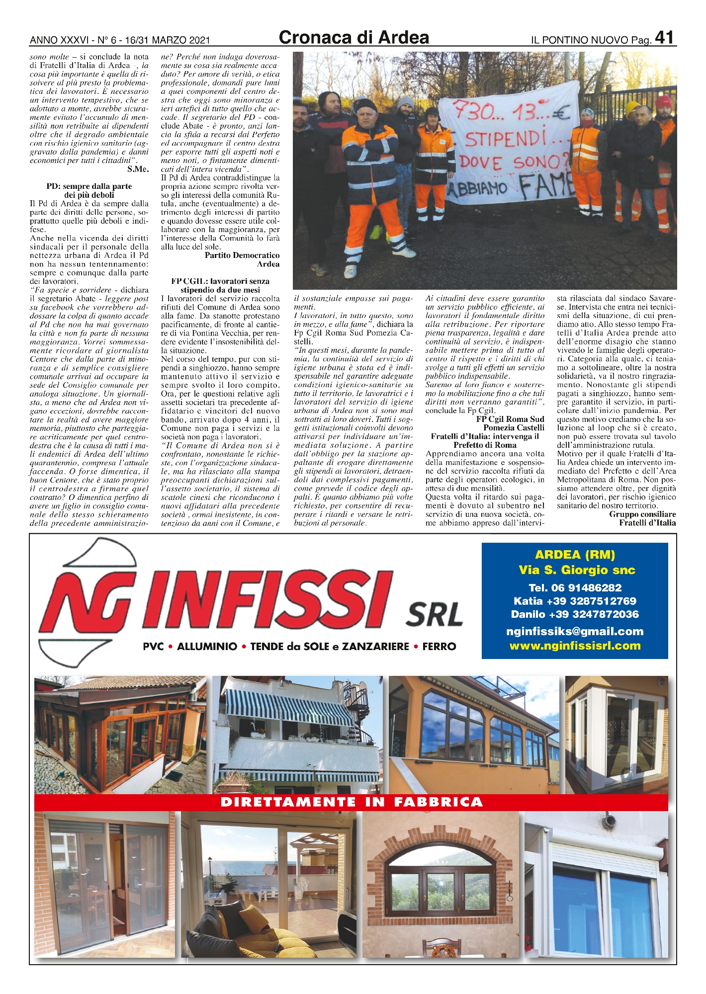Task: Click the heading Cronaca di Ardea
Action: click(353, 37)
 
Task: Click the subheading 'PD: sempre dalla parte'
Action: click(89, 186)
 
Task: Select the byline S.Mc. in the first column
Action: click(138, 169)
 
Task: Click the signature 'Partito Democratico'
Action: click(242, 255)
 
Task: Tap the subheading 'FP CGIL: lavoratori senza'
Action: click(220, 281)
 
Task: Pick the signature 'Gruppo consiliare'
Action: click(642, 514)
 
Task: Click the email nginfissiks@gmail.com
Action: click(574, 632)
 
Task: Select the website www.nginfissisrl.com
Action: click(575, 646)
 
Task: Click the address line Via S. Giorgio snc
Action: click(577, 570)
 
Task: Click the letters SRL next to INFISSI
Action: click(435, 615)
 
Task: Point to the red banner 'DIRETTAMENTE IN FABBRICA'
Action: click(351, 802)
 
